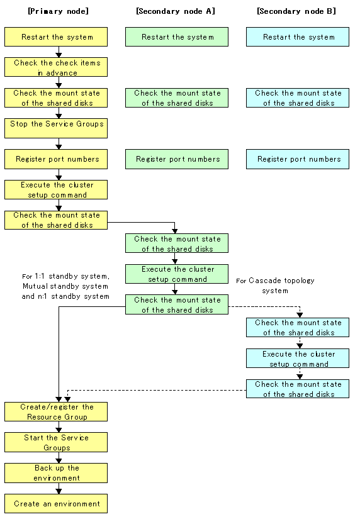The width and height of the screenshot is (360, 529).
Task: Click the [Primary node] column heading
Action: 58,11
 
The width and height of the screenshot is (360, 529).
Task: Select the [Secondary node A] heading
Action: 175,11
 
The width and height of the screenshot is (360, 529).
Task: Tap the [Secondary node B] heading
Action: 296,11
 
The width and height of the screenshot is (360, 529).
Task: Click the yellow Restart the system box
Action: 56,36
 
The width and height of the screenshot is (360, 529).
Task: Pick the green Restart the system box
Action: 177,36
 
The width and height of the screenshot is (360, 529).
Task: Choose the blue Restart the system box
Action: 298,36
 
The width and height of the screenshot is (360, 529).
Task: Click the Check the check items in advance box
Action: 56,67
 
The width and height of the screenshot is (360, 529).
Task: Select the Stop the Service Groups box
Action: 56,128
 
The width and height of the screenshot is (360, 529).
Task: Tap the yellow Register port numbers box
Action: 56,159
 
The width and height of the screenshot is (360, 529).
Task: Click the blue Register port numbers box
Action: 298,159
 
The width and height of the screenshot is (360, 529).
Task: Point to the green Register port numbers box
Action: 177,159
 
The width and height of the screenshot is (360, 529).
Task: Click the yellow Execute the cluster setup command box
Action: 56,189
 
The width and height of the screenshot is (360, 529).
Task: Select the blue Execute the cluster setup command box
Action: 298,359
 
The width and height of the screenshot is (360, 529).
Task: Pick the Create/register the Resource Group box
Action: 56,411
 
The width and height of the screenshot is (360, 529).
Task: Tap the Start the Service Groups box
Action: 56,442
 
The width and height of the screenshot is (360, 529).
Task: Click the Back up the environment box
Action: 56,473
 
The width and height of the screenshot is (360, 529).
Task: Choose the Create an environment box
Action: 56,504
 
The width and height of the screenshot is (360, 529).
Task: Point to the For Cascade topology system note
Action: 275,286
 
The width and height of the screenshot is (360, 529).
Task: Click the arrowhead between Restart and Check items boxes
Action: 59,55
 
